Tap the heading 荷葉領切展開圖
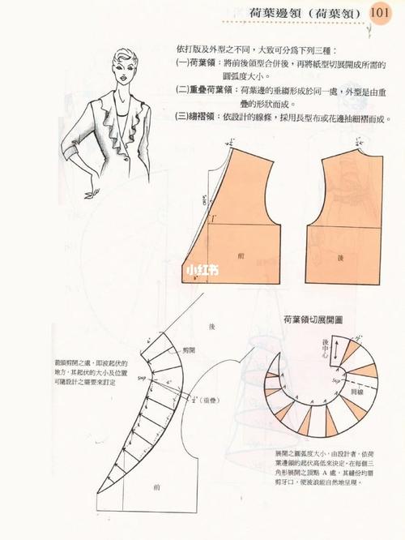tap(312, 320)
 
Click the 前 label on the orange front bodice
tap(241, 255)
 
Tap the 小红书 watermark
tap(202, 270)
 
